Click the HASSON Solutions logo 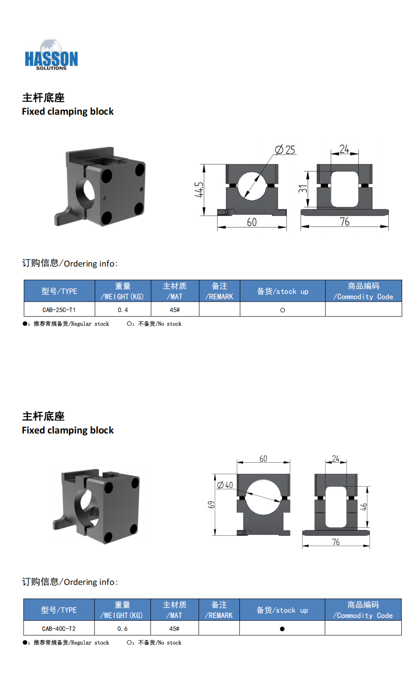click(51, 55)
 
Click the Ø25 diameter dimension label click(285, 150)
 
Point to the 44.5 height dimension click(199, 190)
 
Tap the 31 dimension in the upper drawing click(303, 189)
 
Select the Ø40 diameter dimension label click(225, 485)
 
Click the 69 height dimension click(211, 505)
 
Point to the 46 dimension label click(364, 507)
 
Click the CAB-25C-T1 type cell click(59, 310)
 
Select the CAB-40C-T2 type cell click(59, 628)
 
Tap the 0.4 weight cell click(123, 310)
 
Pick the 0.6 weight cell click(122, 628)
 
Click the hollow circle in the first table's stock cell click(282, 310)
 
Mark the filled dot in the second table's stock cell click(282, 629)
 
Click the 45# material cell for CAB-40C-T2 click(174, 628)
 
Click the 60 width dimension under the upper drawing click(252, 222)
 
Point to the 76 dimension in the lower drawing click(336, 542)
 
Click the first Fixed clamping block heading click(67, 112)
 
